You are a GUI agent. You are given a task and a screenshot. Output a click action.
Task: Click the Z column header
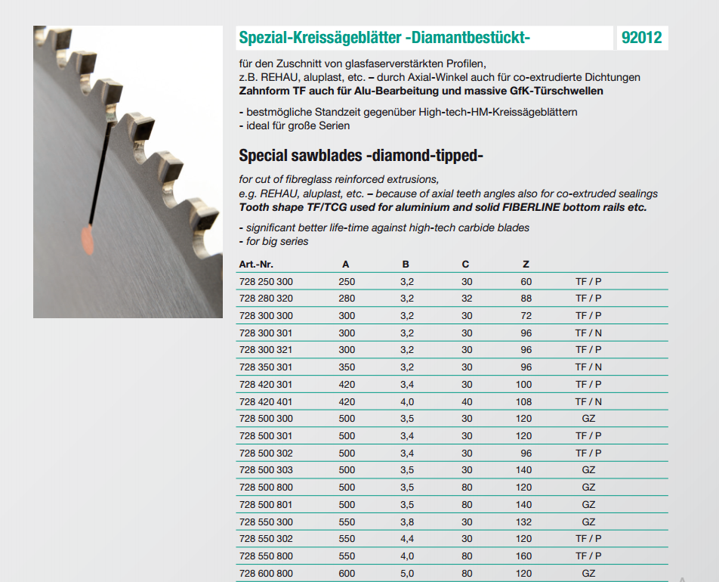click(526, 264)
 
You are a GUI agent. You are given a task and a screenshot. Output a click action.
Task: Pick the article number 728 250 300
click(265, 281)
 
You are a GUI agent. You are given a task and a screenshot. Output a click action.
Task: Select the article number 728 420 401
click(265, 401)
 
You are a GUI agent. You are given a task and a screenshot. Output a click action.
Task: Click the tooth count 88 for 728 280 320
click(526, 299)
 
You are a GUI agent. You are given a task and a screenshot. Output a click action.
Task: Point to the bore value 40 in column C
click(467, 401)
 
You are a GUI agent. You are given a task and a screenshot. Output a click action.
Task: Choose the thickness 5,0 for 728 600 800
click(406, 573)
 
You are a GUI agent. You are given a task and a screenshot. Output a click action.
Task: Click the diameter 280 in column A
click(347, 299)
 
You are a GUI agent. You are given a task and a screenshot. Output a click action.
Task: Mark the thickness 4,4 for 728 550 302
click(406, 539)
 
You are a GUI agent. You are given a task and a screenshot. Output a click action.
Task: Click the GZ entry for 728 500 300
click(588, 419)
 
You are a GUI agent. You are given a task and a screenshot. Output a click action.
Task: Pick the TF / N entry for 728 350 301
click(588, 367)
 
